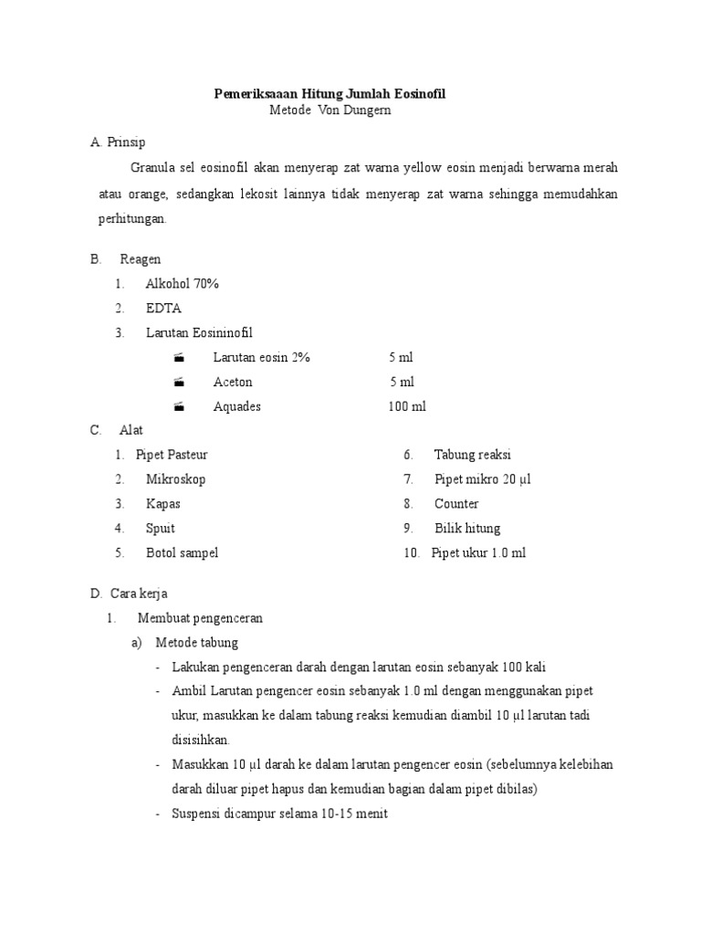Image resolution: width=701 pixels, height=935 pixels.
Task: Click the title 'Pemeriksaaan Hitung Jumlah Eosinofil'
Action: [330, 93]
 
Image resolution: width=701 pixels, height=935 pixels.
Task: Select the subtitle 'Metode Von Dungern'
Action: [330, 110]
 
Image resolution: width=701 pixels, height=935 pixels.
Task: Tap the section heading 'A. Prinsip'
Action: [118, 142]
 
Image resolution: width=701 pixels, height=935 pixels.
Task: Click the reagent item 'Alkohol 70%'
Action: [182, 284]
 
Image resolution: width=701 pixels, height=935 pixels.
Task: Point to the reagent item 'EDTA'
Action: [163, 309]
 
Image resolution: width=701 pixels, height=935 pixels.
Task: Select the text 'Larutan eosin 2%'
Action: [262, 357]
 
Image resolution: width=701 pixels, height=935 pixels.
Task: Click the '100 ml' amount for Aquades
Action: [407, 406]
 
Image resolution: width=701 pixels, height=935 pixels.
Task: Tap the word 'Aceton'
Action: [233, 382]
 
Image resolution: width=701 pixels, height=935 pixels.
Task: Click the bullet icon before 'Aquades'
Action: [179, 406]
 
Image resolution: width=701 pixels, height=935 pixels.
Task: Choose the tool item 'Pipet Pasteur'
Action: [178, 455]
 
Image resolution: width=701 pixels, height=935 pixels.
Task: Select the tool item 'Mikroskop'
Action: [175, 479]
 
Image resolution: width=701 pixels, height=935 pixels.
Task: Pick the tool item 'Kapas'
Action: [163, 504]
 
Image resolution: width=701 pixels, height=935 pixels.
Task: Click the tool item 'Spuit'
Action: [161, 529]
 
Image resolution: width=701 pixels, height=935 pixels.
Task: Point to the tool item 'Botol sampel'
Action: [182, 552]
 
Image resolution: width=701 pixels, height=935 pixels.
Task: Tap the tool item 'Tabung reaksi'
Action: [472, 455]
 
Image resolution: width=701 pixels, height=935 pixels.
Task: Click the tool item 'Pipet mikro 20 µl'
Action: [482, 479]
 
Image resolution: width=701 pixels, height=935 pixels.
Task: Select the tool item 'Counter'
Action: [456, 504]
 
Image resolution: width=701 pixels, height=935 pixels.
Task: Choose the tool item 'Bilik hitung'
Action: [467, 529]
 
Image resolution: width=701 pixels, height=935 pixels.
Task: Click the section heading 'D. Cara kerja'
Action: [129, 594]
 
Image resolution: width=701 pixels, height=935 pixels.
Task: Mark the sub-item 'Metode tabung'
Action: [196, 643]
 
